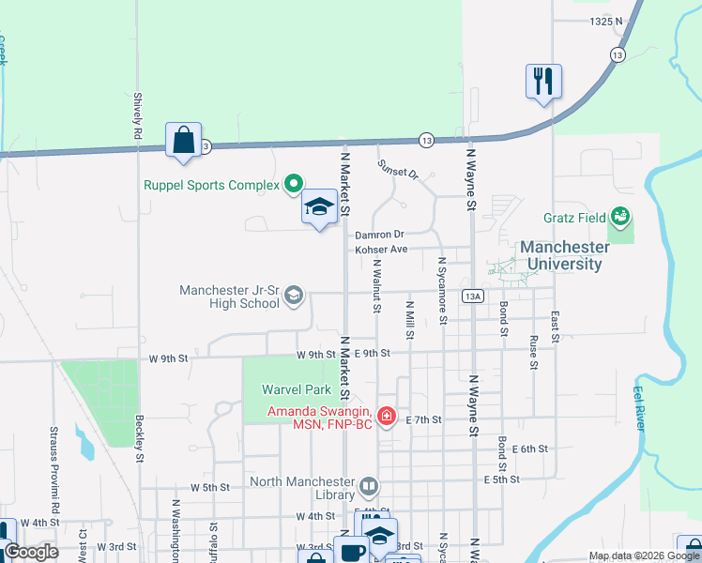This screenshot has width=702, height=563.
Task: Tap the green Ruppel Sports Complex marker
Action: click(293, 185)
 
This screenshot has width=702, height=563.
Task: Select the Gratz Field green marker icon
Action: click(619, 218)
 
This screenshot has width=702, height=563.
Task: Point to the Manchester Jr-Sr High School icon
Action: click(294, 297)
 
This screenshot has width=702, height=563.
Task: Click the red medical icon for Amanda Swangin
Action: click(386, 415)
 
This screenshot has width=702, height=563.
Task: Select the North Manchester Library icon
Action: click(369, 487)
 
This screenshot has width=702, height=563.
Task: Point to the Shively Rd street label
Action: click(137, 116)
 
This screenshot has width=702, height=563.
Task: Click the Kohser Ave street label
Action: click(380, 250)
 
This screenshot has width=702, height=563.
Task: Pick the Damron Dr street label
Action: click(379, 235)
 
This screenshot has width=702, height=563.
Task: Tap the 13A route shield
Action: click(473, 296)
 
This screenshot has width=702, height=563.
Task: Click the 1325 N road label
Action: click(606, 21)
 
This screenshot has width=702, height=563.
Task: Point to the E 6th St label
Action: click(529, 449)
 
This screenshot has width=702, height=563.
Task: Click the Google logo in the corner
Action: click(31, 552)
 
